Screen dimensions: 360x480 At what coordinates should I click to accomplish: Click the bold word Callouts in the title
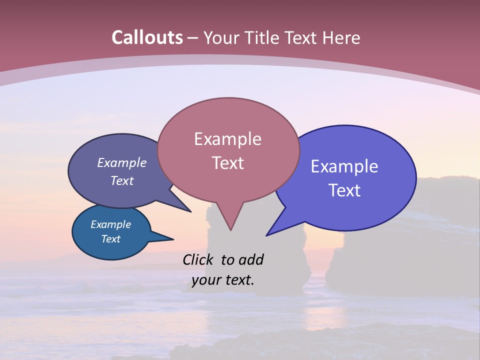pos(147,37)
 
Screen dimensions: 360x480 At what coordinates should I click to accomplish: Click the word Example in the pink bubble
pos(227,139)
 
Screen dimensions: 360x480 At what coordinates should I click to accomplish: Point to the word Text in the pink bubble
pos(227,163)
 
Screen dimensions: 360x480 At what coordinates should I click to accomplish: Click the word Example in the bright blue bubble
pos(344,166)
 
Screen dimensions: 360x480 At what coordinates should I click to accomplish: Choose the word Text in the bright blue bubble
pos(344,190)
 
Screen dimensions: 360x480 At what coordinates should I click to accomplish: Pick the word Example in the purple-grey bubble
pos(122,163)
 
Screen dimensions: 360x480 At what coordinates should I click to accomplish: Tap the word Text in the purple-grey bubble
pos(122,180)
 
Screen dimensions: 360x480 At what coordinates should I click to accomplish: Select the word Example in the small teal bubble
pos(111,224)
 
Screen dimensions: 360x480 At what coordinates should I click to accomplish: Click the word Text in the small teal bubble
pos(111,239)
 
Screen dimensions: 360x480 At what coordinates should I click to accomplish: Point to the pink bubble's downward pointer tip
pos(230,229)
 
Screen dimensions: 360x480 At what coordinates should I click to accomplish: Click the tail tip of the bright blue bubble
pos(267,235)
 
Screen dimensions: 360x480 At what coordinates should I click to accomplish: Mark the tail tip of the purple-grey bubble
pos(190,211)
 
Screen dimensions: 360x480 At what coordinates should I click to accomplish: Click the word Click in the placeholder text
pos(199,259)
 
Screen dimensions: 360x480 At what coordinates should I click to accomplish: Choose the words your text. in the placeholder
pos(223,280)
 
